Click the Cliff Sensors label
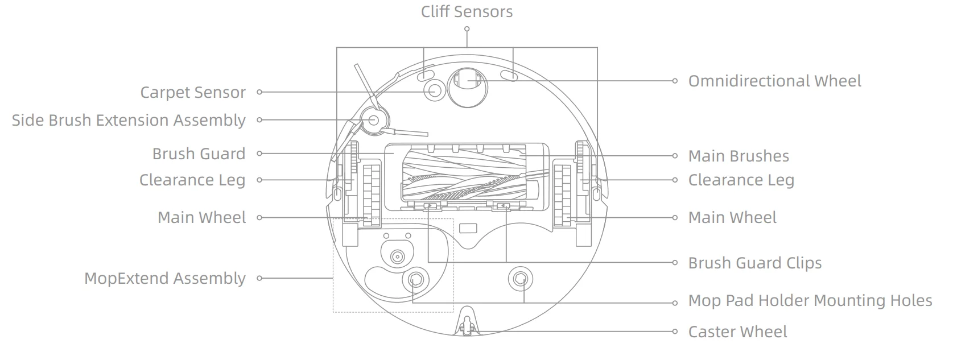tap(467, 11)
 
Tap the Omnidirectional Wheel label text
tap(774, 81)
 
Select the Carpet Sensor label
tap(193, 92)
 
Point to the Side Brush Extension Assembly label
tap(129, 120)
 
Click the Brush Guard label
tap(199, 154)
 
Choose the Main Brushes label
tap(739, 156)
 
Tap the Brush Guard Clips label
tap(755, 263)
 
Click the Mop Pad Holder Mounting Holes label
tap(810, 300)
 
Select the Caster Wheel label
tap(737, 332)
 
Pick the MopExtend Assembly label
tap(164, 279)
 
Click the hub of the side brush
tap(374, 120)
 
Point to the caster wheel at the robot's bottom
tap(467, 326)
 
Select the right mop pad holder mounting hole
tap(521, 279)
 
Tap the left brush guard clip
tap(429, 206)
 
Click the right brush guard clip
tap(504, 206)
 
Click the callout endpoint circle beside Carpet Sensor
tap(259, 92)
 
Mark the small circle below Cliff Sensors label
tap(467, 29)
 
